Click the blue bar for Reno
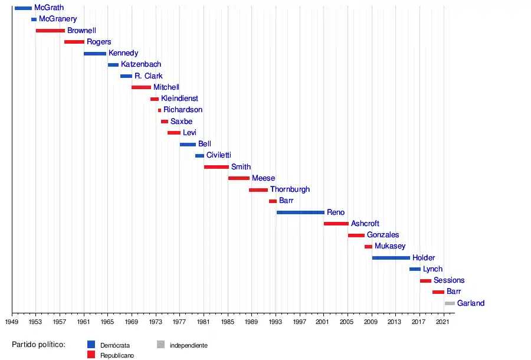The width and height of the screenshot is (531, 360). (300, 212)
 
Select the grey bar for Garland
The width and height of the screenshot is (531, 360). (450, 303)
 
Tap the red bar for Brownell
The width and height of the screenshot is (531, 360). (50, 31)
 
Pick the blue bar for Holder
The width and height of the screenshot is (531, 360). (391, 258)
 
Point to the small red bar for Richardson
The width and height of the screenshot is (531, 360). (159, 110)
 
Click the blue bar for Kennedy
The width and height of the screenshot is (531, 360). (95, 54)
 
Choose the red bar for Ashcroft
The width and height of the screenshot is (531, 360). (336, 224)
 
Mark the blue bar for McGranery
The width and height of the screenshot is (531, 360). (34, 19)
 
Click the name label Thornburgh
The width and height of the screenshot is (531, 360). (290, 189)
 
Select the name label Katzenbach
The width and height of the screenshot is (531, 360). (141, 64)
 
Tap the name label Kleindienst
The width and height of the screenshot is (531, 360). (179, 99)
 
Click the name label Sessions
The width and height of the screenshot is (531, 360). (449, 280)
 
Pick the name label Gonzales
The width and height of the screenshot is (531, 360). (383, 235)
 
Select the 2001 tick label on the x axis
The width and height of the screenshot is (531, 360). (323, 322)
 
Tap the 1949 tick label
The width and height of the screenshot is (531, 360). (12, 322)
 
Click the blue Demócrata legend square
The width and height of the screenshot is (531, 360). (91, 345)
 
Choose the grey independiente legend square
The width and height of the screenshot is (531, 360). (160, 345)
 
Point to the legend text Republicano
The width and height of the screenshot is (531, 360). (116, 355)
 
